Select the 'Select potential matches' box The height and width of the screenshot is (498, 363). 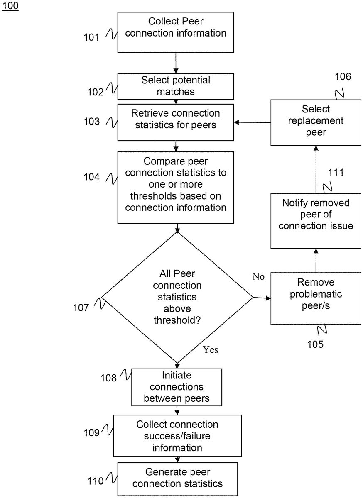tap(176, 85)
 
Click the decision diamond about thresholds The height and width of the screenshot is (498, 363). tap(177, 297)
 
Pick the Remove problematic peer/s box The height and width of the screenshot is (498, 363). tap(316, 298)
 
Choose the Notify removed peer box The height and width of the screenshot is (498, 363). tap(316, 220)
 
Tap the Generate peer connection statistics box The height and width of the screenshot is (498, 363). tap(177, 478)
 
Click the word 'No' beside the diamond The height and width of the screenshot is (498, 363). tap(258, 277)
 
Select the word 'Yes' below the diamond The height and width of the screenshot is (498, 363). tap(211, 350)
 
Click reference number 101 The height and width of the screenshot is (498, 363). tap(91, 37)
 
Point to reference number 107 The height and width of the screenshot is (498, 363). tap(81, 308)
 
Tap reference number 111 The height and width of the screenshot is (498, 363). tap(336, 172)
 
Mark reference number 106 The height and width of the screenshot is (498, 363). tap(343, 77)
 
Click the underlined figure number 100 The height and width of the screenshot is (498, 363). tap(10, 7)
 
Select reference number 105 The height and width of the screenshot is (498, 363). tap(315, 344)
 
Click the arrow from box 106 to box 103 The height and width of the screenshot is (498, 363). tap(253, 122)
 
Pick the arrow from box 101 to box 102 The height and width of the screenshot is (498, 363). tap(176, 63)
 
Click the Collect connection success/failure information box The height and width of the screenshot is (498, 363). tap(177, 436)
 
